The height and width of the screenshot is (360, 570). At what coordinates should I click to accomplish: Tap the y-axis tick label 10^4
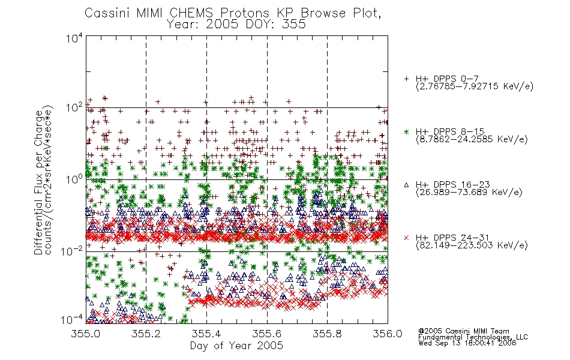point(74,38)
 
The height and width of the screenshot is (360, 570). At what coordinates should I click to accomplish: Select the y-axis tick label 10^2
point(74,108)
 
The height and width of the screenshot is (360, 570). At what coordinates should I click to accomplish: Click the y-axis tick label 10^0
point(74,179)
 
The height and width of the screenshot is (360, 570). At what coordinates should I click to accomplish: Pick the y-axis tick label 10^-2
point(71,251)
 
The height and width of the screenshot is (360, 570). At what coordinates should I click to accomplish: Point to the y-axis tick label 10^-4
point(71,320)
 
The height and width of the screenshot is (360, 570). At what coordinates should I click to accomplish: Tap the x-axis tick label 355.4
point(206,334)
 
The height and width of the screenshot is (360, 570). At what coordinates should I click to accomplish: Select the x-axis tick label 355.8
point(327,334)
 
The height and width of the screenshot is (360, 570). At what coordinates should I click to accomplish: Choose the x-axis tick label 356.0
point(388,334)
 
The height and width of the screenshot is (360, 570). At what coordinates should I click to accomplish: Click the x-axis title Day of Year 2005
point(236,346)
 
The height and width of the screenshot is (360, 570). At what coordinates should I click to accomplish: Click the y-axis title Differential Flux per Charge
point(38,182)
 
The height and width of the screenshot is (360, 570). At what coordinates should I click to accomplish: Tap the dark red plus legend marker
point(406,79)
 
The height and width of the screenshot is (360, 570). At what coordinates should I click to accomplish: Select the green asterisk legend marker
point(406,131)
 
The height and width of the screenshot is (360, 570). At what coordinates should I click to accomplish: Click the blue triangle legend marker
point(406,185)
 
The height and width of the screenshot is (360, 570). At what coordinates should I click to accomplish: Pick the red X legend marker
point(406,238)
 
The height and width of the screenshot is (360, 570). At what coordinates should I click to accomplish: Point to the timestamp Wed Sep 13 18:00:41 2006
point(467,343)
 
